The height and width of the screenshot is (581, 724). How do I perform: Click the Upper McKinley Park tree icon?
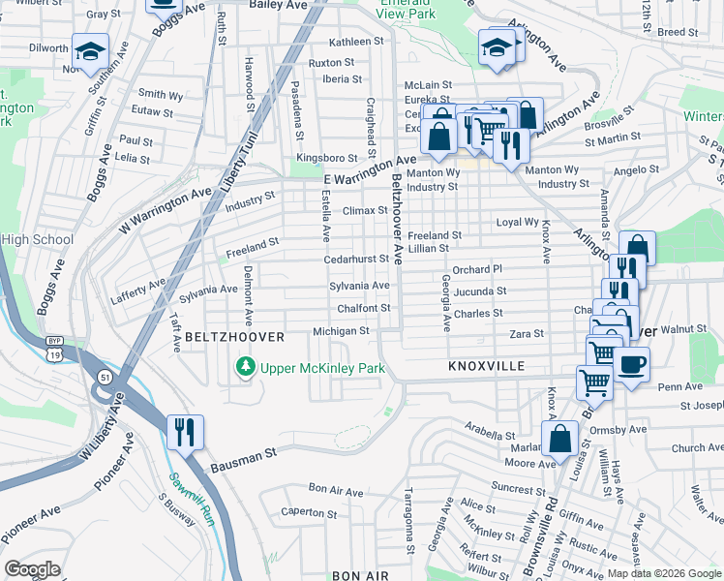[246, 368]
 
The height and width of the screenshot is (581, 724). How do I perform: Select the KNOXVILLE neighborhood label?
[486, 367]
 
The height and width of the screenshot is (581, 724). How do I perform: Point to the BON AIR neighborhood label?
[359, 575]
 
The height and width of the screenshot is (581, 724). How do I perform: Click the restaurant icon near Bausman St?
[185, 431]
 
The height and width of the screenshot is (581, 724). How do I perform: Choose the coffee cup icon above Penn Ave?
[631, 365]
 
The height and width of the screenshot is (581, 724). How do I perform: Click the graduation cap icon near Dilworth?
[90, 49]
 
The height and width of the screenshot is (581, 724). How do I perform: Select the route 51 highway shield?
[105, 376]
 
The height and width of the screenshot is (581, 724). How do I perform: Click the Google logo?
[32, 569]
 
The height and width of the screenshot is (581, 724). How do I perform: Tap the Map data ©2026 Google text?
[664, 573]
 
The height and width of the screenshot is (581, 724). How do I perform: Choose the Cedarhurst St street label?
[355, 259]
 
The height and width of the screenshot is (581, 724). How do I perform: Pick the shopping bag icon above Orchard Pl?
[638, 248]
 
